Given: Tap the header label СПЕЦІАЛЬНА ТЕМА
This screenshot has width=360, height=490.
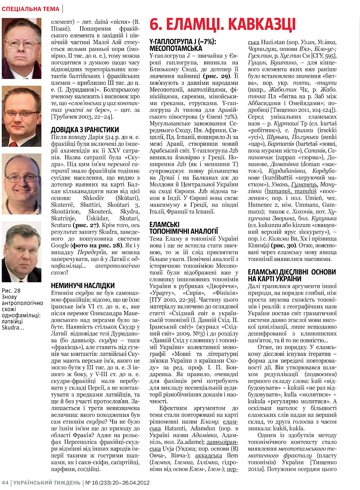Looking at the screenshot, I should click(x=30, y=9).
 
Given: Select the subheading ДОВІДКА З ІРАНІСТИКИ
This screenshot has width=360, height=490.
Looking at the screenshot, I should click(x=85, y=130).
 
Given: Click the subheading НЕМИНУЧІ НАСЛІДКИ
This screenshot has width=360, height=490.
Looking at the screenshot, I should click(x=83, y=286).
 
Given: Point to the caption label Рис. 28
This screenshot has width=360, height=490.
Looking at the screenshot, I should click(x=11, y=291).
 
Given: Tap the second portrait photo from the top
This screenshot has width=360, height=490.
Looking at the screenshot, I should click(x=21, y=116).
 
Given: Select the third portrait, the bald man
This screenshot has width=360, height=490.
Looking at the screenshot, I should click(x=21, y=184).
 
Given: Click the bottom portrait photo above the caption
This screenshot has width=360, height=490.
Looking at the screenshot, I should click(x=21, y=251).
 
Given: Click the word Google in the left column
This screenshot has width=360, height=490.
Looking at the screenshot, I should click(x=60, y=245).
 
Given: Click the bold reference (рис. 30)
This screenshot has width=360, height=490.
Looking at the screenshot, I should click(x=284, y=246).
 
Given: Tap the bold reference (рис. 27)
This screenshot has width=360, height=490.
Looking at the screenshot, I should click(x=86, y=225).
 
